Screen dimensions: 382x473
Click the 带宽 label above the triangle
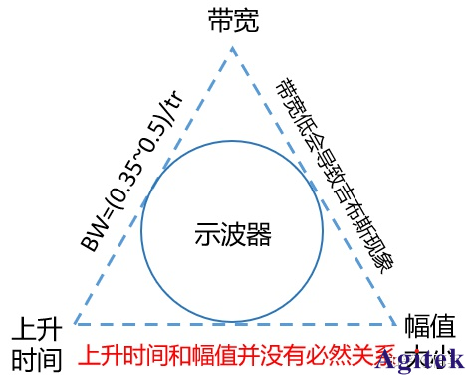pos(235,20)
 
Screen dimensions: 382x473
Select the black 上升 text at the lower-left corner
pos(39,327)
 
